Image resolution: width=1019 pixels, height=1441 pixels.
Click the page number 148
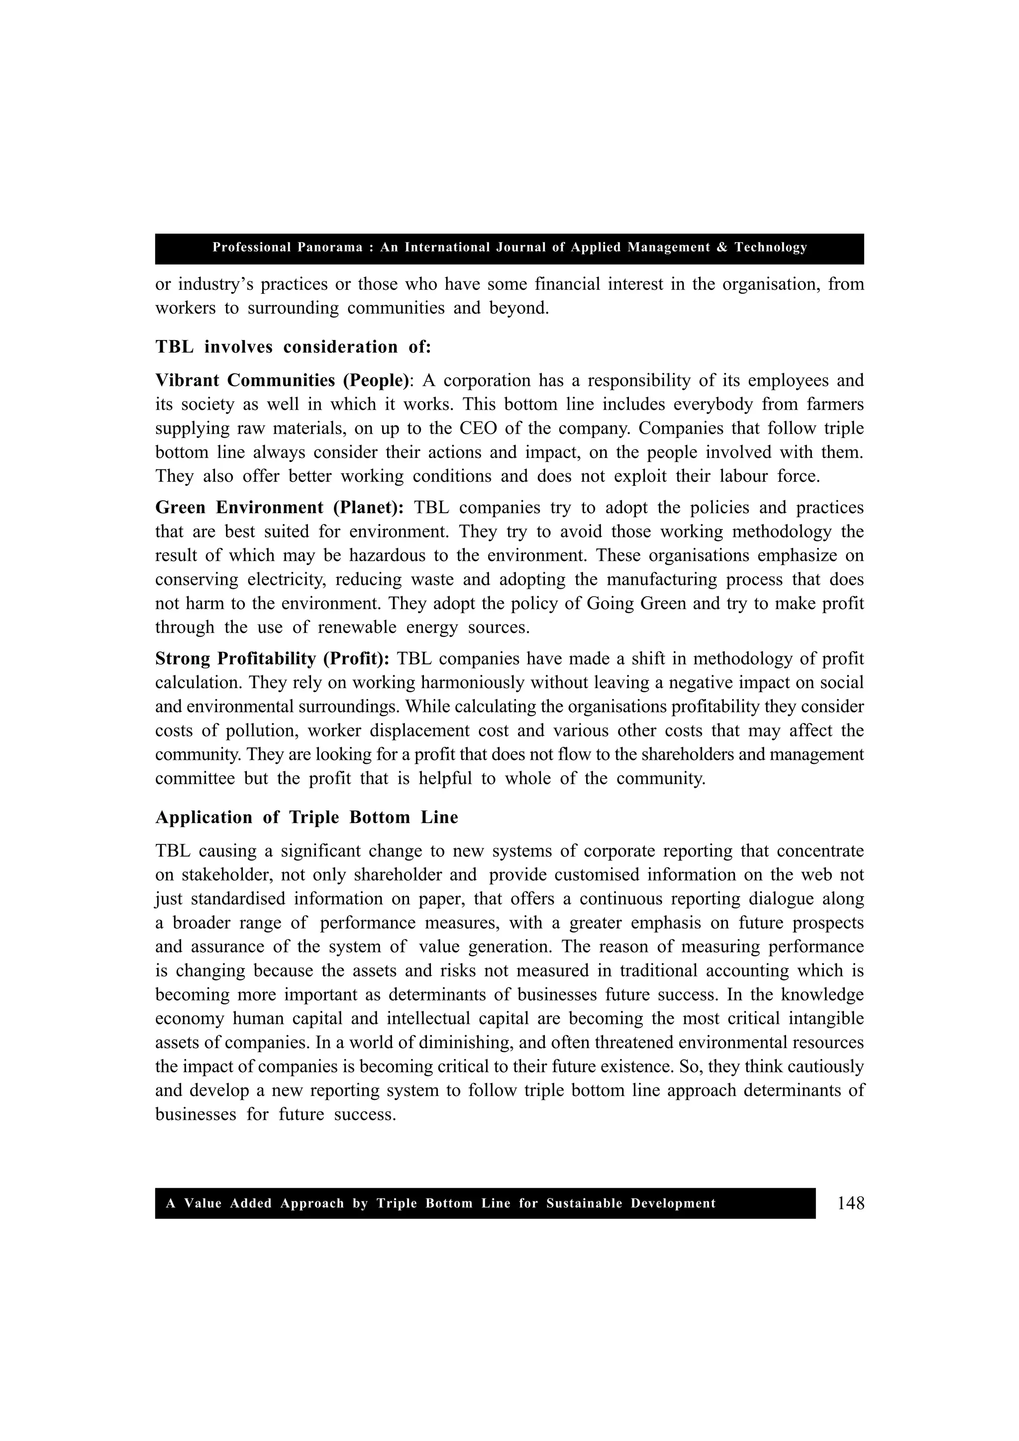850,1203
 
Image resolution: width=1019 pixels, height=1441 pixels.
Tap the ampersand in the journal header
721,247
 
